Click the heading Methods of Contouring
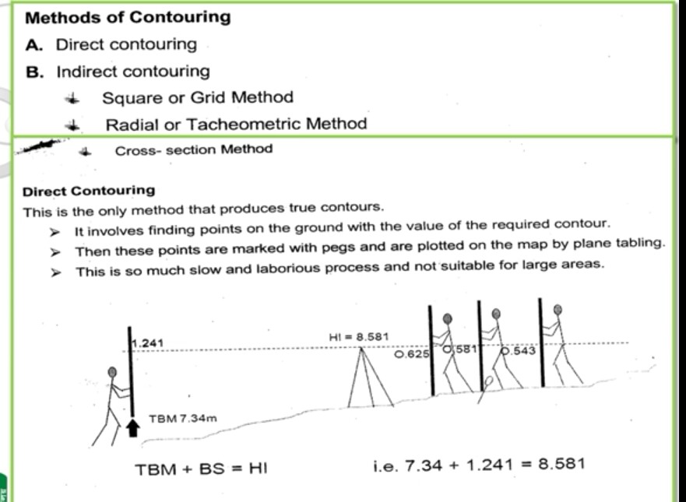pos(128,17)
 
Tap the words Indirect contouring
pos(132,72)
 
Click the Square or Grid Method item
pos(198,97)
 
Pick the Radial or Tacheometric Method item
pos(236,124)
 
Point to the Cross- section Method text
pos(194,150)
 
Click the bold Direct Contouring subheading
pos(89,191)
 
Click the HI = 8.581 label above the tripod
pos(360,336)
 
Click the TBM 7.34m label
pos(182,420)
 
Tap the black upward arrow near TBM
pos(133,427)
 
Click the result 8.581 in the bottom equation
pos(561,464)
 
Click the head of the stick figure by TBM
pos(114,372)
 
